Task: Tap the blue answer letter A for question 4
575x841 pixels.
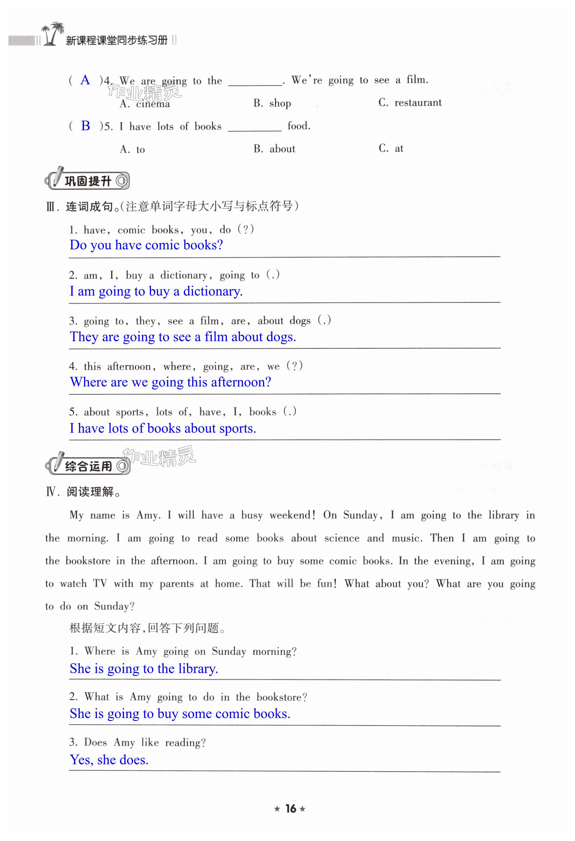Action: click(85, 80)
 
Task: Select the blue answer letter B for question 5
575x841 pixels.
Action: click(86, 126)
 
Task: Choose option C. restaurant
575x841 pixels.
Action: click(410, 103)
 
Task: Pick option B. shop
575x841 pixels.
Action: click(272, 104)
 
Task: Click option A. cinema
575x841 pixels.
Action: click(145, 104)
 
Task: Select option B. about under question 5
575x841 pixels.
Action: click(274, 149)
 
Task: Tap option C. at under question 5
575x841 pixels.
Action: click(391, 149)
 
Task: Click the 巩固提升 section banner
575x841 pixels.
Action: click(87, 180)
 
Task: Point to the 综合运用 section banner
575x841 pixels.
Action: click(88, 466)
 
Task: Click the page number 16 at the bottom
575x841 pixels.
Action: click(290, 808)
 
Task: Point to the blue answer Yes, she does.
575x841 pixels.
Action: click(109, 760)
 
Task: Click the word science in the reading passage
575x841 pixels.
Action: click(341, 538)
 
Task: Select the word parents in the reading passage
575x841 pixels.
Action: click(177, 584)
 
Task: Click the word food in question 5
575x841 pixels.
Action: click(298, 126)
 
